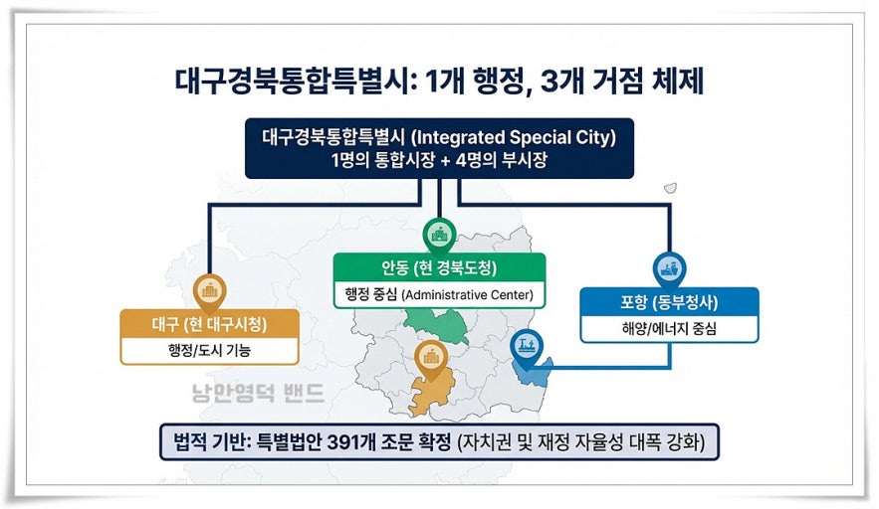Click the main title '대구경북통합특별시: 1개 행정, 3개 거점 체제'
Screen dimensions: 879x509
click(x=439, y=81)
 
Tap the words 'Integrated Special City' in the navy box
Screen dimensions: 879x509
click(x=513, y=138)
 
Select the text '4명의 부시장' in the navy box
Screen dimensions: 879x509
click(x=501, y=160)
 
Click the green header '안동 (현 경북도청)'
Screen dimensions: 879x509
click(x=439, y=267)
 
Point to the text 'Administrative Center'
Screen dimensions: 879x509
click(x=467, y=294)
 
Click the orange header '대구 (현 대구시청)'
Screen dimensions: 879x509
click(x=209, y=324)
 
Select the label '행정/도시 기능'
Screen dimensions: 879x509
click(x=209, y=351)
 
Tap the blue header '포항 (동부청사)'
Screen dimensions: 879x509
click(x=669, y=302)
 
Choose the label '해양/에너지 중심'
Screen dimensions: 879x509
click(x=669, y=328)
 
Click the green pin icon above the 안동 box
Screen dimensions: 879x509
click(x=439, y=235)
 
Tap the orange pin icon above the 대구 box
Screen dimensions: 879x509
click(x=209, y=291)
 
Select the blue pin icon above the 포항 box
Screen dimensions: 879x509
click(x=669, y=269)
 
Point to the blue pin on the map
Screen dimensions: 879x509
click(x=527, y=348)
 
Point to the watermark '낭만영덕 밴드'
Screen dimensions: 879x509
click(x=258, y=393)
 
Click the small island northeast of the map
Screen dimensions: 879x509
click(x=671, y=188)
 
